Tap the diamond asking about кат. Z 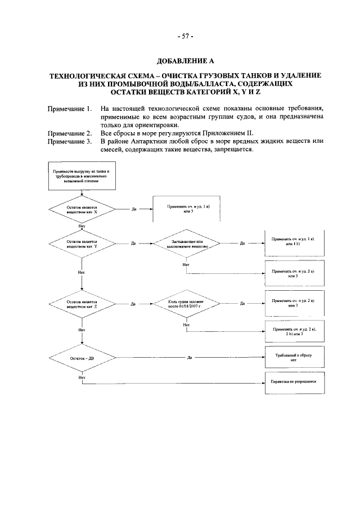(x=82, y=304)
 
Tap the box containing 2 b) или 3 (x=292, y=331)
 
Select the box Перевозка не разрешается (x=292, y=381)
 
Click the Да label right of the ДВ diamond (x=190, y=357)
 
